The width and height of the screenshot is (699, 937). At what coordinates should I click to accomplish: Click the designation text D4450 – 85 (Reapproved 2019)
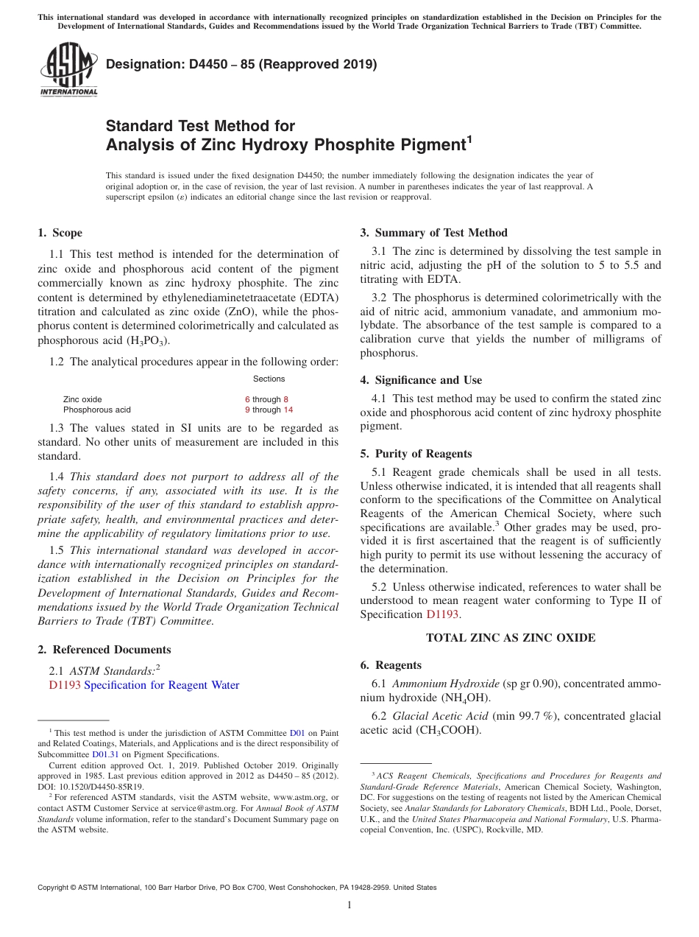241,64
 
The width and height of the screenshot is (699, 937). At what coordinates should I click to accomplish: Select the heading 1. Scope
60,233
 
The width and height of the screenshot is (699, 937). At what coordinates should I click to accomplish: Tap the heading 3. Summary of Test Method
433,233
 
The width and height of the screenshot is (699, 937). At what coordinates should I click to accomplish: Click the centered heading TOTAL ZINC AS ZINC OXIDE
511,638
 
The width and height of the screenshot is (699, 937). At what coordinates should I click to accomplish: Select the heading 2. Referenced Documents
104,650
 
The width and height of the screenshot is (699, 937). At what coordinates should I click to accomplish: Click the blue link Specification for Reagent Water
162,685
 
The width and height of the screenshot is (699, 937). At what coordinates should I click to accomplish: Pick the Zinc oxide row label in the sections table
82,399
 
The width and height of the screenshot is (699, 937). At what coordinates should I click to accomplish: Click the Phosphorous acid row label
96,410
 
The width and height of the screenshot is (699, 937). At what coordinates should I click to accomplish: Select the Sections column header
269,379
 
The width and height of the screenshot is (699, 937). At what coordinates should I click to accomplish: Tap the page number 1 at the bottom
349,905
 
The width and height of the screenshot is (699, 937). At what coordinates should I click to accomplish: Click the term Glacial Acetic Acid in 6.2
440,716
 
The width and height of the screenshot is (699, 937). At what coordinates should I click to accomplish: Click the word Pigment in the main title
431,144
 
